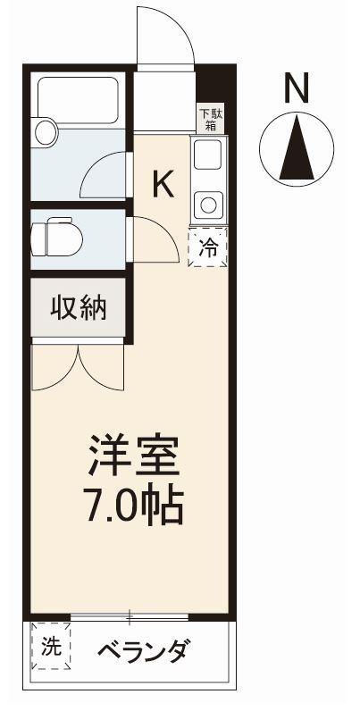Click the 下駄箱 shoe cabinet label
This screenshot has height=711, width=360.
208,119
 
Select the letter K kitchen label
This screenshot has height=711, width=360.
163,184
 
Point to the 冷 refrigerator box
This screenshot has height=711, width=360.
206,248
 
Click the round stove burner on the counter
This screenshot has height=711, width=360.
208,204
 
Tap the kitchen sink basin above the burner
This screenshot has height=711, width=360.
208,158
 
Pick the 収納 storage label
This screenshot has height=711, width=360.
78,309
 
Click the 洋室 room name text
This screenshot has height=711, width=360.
133,458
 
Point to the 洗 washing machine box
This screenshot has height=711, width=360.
51,645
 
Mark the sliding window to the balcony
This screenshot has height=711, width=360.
130,616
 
